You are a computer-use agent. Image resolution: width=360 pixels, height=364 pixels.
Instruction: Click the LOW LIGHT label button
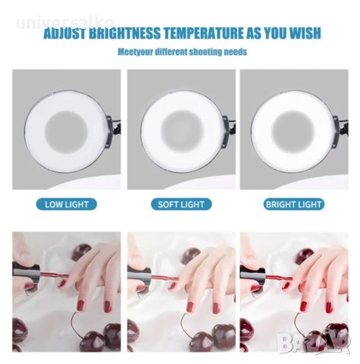(x=67, y=204)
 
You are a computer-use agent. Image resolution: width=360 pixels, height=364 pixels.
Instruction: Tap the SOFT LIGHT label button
(x=181, y=204)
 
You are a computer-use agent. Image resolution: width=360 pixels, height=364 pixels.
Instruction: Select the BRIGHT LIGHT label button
(x=294, y=204)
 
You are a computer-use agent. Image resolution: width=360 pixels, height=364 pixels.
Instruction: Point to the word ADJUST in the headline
(x=65, y=33)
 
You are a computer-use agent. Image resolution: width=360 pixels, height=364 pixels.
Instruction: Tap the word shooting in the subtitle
(x=205, y=52)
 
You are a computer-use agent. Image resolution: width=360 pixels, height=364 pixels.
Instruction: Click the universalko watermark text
(x=65, y=22)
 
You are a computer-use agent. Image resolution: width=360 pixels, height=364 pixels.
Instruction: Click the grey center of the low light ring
(x=67, y=133)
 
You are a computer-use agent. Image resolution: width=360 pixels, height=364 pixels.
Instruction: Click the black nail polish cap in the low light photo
(x=27, y=275)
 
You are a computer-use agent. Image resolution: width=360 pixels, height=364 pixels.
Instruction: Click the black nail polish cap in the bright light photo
(x=252, y=275)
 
